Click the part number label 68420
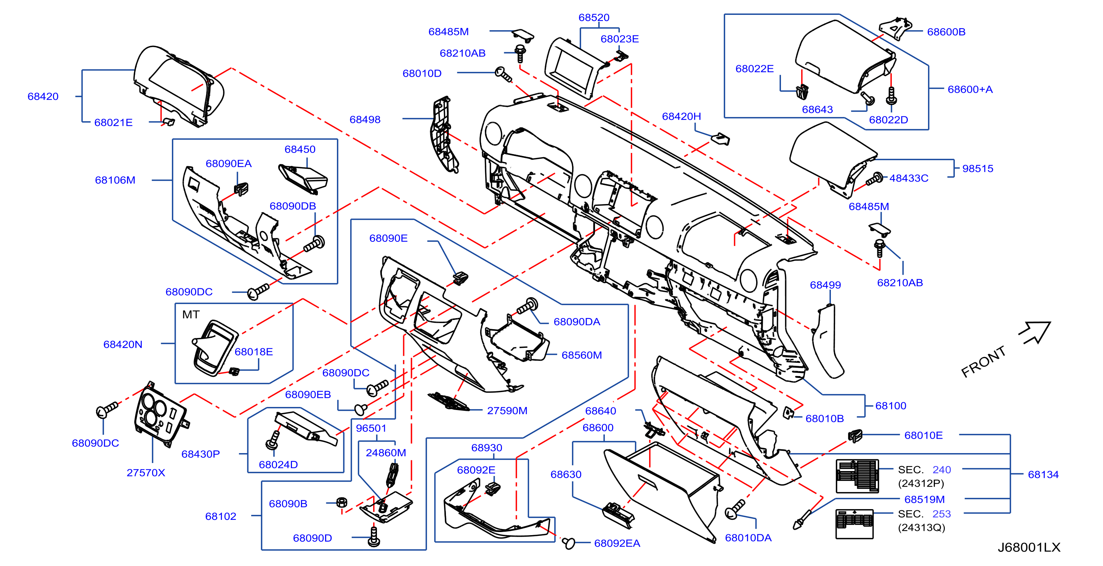43,96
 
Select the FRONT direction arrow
1035,333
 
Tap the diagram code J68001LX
1029,547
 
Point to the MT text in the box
191,315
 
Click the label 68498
365,119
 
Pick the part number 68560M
582,355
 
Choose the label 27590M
507,410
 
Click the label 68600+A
970,89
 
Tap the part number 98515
978,168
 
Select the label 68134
1043,474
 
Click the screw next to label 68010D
503,74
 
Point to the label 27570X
146,473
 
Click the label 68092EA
617,543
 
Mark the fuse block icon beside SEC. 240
857,476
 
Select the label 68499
825,285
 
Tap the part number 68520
594,18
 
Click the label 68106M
115,180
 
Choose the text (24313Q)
922,527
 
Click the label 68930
486,448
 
